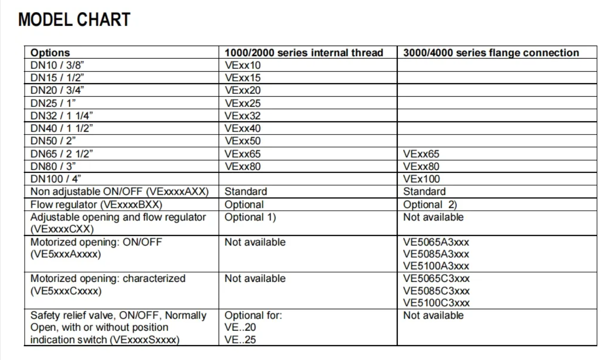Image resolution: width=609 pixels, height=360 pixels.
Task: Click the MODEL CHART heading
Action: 74,20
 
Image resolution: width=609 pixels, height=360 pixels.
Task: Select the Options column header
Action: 50,53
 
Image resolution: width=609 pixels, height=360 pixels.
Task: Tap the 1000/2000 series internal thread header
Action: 303,53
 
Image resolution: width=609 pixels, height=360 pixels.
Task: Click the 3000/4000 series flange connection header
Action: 491,53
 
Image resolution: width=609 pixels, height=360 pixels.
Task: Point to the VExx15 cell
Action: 242,78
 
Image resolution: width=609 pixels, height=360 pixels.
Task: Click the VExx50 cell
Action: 242,141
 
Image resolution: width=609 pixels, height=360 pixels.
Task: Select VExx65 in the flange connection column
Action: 421,153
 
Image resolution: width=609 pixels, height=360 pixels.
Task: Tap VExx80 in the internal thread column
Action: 242,166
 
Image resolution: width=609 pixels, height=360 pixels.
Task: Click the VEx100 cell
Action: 421,179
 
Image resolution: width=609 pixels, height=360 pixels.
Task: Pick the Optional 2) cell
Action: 430,204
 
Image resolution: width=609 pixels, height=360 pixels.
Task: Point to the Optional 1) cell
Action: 250,217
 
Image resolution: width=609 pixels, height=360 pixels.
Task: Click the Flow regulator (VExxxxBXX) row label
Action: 96,204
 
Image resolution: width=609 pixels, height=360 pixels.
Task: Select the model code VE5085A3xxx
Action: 436,254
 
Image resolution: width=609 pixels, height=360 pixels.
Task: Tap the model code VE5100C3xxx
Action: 436,303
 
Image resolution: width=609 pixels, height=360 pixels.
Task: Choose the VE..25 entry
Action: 240,340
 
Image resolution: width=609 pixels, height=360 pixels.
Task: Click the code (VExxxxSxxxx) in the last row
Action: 144,340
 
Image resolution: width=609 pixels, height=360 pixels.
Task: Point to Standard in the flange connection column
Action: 424,192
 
